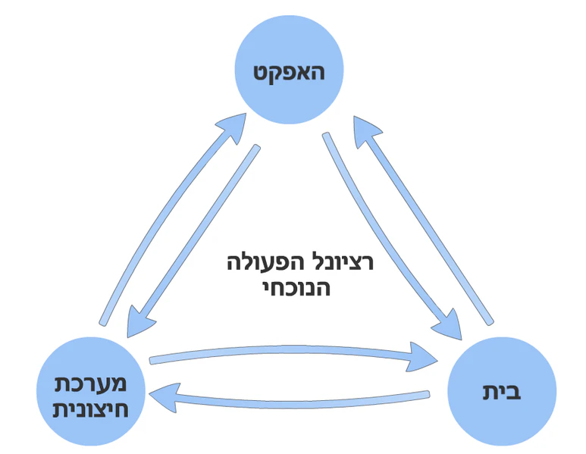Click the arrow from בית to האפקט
tap(428, 220)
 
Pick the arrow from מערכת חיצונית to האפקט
tap(167, 220)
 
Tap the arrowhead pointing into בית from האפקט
tap(449, 322)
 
